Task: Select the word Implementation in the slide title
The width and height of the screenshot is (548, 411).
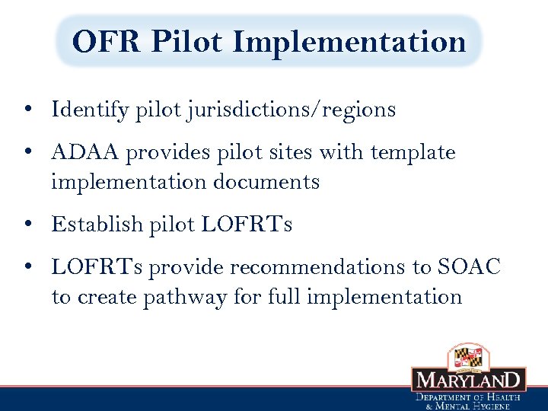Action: [x=349, y=41]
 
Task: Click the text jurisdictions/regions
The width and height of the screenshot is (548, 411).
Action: [x=290, y=110]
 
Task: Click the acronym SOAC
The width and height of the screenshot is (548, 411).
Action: [x=470, y=267]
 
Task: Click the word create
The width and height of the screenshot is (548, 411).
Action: [x=103, y=297]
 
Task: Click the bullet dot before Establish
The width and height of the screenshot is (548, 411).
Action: [x=27, y=225]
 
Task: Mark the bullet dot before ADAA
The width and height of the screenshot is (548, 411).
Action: [x=27, y=154]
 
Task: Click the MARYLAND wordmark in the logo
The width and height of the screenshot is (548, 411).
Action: [x=468, y=380]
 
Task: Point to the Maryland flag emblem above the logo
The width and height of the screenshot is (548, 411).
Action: [x=468, y=355]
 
